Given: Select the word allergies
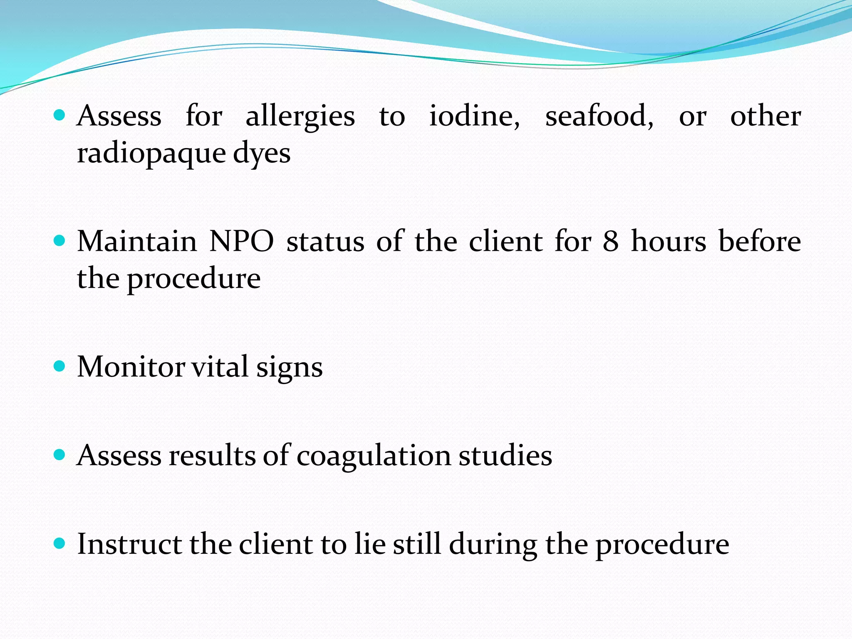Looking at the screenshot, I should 300,116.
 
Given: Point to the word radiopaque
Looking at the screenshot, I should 151,154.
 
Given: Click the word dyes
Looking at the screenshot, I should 261,154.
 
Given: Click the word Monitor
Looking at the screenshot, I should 131,367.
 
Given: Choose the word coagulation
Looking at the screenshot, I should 374,456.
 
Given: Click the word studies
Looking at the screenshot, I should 505,455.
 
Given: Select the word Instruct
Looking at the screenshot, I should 129,544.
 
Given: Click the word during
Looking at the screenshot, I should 493,545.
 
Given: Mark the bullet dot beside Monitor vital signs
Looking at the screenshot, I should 60,366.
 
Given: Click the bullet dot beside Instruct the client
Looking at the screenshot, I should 60,543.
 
